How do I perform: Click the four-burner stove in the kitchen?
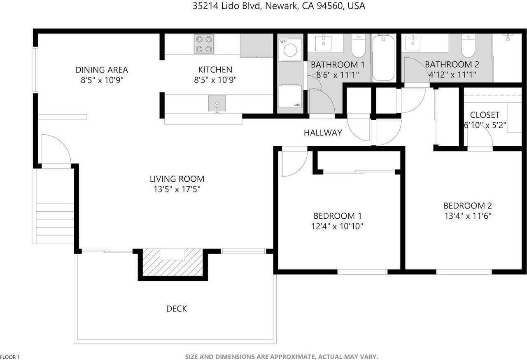pyautogui.click(x=204, y=44)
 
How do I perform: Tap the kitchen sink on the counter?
pyautogui.click(x=217, y=103)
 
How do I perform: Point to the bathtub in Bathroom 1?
pyautogui.click(x=383, y=58)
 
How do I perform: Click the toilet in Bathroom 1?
pyautogui.click(x=359, y=46)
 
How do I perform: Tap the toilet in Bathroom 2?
pyautogui.click(x=468, y=46)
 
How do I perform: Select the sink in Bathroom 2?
pyautogui.click(x=413, y=42)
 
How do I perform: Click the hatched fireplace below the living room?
pyautogui.click(x=173, y=263)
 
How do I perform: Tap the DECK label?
pyautogui.click(x=177, y=309)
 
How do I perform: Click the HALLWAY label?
pyautogui.click(x=323, y=133)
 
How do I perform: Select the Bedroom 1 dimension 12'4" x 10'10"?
pyautogui.click(x=338, y=226)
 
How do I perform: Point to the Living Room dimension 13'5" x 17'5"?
pyautogui.click(x=177, y=189)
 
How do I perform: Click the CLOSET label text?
pyautogui.click(x=485, y=115)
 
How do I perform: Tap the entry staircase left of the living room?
pyautogui.click(x=55, y=218)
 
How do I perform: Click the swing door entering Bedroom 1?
pyautogui.click(x=294, y=163)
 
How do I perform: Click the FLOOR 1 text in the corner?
pyautogui.click(x=10, y=357)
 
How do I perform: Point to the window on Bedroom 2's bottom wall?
pyautogui.click(x=464, y=272)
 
